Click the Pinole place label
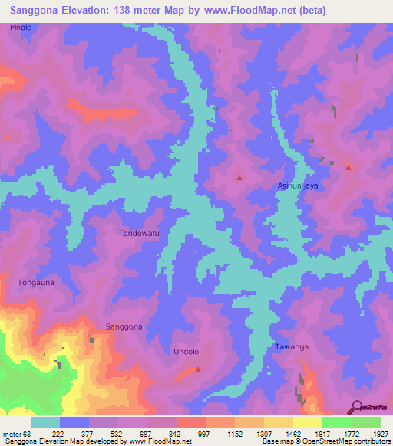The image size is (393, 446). click(x=21, y=27)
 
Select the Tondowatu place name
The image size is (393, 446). click(x=139, y=232)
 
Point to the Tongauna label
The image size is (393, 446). click(x=36, y=283)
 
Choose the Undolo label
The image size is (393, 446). click(x=185, y=352)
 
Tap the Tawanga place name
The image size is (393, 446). click(x=292, y=347)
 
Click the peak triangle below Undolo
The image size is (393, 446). click(x=198, y=369)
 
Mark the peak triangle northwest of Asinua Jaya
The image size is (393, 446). click(x=239, y=178)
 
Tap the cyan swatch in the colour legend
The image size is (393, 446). click(x=45, y=422)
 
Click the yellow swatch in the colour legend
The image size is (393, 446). click(x=307, y=422)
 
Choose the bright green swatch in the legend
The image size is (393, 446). click(x=336, y=422)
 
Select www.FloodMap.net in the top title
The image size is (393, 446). click(x=246, y=11)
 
